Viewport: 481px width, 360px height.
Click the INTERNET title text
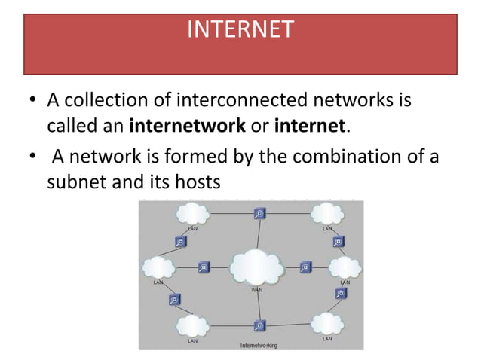[x=240, y=29]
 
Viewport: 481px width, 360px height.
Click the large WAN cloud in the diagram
[x=257, y=266]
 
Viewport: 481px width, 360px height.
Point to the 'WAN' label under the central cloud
[x=256, y=289]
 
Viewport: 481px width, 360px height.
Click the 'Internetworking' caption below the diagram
[x=258, y=345]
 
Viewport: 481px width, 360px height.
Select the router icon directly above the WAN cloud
[x=259, y=213]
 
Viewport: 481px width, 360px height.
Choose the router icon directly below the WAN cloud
[x=259, y=326]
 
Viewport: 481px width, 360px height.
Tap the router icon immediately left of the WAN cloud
[x=204, y=267]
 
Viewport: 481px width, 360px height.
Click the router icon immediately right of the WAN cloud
[x=306, y=266]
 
